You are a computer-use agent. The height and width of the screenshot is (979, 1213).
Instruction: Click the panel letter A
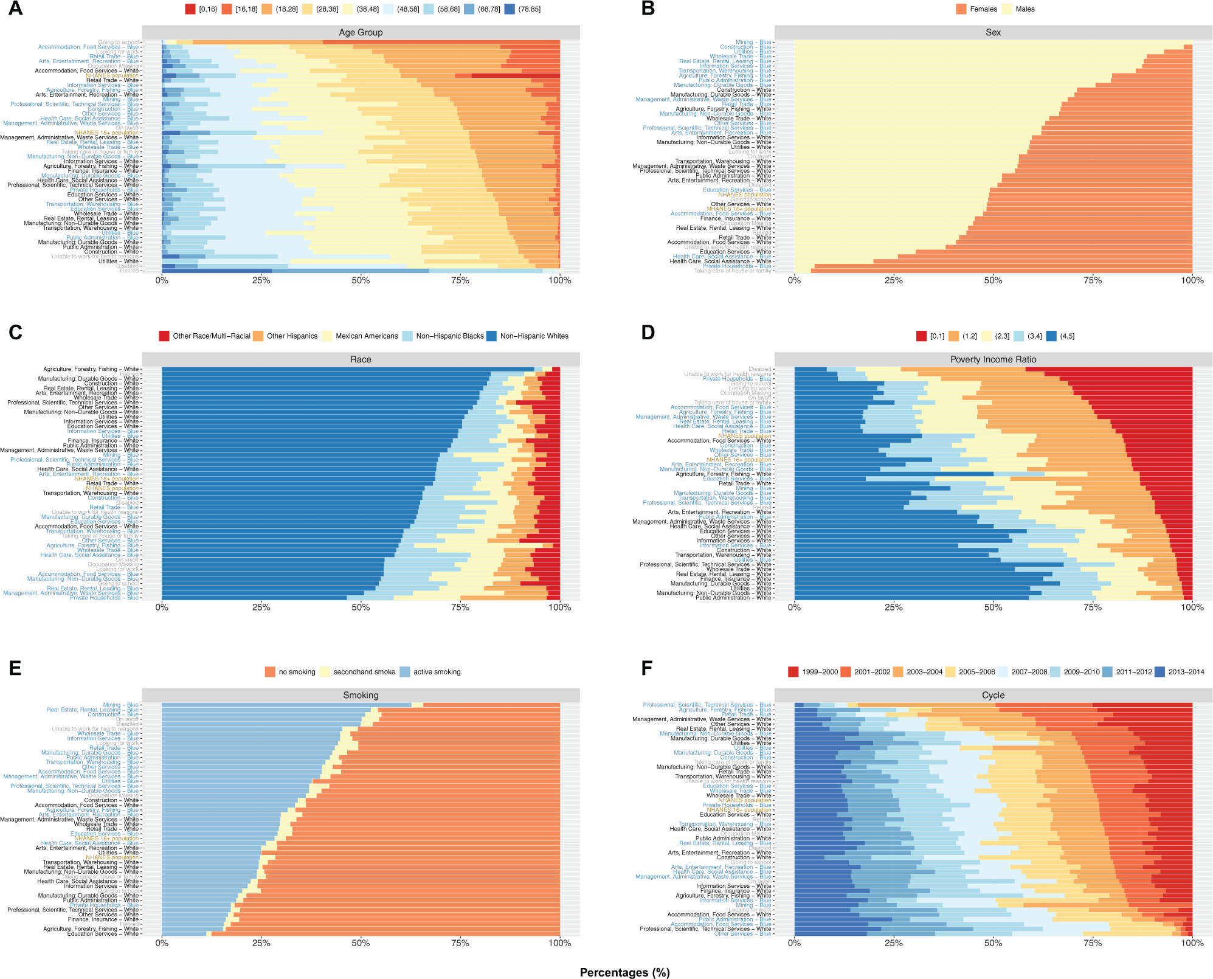[15, 9]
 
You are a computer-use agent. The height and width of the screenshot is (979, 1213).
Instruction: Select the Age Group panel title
[361, 33]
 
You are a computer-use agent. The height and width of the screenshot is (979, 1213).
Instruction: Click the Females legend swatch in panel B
[961, 9]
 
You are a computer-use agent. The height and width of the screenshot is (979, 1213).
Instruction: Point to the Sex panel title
[993, 33]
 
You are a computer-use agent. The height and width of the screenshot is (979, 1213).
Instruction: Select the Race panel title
[361, 359]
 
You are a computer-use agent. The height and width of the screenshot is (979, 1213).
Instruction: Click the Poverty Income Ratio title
[993, 359]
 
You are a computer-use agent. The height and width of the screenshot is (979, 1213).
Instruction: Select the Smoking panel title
[361, 695]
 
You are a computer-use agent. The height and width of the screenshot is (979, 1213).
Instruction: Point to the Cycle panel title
[993, 695]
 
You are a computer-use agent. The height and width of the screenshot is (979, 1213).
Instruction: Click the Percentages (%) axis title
[624, 972]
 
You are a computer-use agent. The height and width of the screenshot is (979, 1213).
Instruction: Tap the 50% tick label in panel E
[361, 943]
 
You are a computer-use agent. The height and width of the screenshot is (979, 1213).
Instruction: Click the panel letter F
[647, 668]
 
